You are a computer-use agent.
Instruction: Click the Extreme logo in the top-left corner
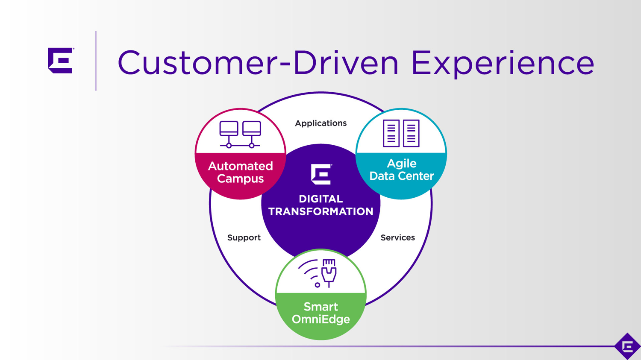[x=61, y=60]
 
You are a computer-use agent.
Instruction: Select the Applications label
[x=320, y=123]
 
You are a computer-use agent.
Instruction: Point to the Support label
[x=244, y=237]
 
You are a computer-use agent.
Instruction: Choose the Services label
[x=397, y=237]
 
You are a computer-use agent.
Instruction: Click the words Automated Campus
[x=240, y=172]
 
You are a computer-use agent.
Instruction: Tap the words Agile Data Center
[x=401, y=170]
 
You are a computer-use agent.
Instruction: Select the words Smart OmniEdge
[x=320, y=313]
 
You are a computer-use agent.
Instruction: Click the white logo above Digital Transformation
[x=321, y=174]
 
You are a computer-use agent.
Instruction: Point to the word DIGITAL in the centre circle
[x=320, y=199]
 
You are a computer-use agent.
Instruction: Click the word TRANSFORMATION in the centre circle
[x=320, y=211]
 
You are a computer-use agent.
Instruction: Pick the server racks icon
[x=401, y=133]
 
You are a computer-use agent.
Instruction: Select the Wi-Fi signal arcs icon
[x=309, y=273]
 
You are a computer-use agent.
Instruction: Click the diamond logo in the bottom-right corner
[x=627, y=346]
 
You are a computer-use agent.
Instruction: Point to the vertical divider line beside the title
[x=96, y=61]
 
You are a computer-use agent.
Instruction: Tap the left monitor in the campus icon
[x=229, y=129]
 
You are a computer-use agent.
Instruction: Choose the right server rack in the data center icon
[x=411, y=133]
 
